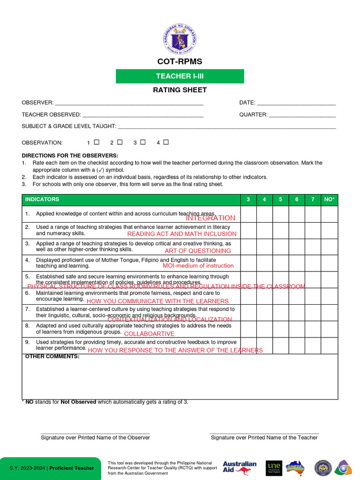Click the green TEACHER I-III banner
coord(180,76)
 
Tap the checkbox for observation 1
coord(97,142)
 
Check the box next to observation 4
coord(166,142)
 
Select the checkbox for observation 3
coord(143,142)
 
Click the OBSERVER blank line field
coord(129,103)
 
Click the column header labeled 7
coord(313,200)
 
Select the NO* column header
coord(329,200)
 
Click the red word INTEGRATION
coord(210,218)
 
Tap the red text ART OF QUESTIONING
coord(198,251)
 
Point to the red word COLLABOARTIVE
coord(149,334)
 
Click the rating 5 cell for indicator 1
coord(280,214)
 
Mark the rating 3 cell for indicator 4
coord(248,263)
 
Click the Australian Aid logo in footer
coord(240,467)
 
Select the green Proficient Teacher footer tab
coord(51,468)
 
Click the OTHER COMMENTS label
coord(52,357)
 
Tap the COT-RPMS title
coord(180,62)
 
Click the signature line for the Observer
coord(95,433)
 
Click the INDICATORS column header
coord(42,200)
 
